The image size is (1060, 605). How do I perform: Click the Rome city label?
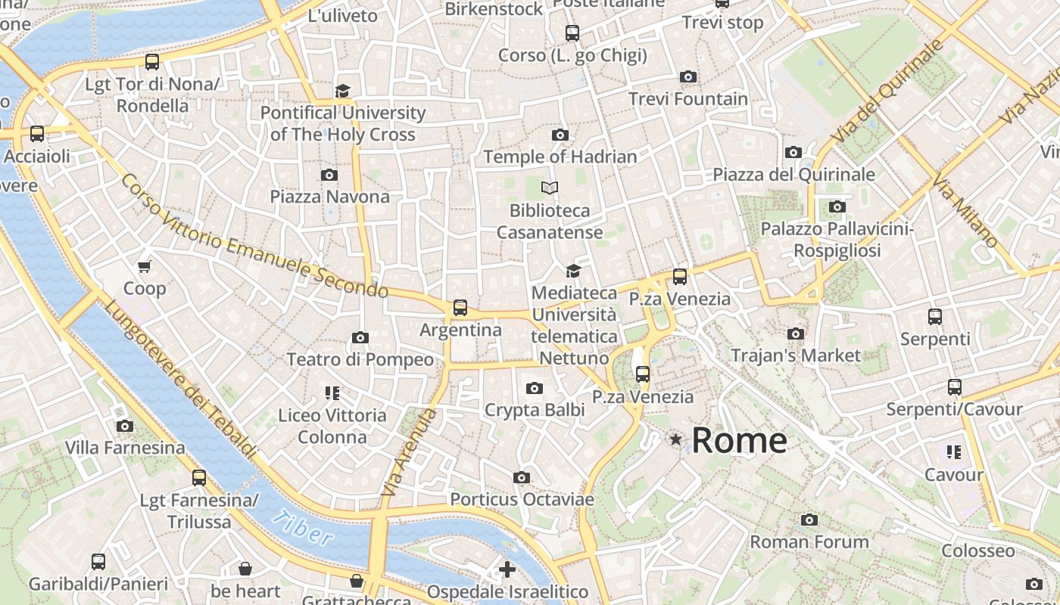click(739, 440)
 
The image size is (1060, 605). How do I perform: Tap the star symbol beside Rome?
click(675, 439)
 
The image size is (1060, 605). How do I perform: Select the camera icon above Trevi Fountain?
click(688, 76)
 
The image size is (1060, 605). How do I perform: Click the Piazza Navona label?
click(330, 197)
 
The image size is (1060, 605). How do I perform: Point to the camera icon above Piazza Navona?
click(329, 175)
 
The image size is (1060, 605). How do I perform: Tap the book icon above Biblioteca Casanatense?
click(550, 188)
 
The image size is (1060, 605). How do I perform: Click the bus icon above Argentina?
click(460, 308)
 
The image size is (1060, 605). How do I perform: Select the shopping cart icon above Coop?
click(145, 266)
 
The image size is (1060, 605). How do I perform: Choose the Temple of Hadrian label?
click(560, 157)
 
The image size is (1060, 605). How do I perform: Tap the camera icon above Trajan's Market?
click(795, 334)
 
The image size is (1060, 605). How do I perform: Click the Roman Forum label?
click(809, 541)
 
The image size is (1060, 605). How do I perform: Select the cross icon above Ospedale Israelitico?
click(507, 569)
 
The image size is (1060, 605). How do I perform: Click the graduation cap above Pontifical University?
click(343, 91)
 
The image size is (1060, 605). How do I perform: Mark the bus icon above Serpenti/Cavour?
click(954, 387)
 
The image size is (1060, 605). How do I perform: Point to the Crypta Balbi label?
click(535, 410)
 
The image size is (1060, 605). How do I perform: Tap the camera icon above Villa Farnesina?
click(125, 426)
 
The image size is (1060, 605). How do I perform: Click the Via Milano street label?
click(965, 211)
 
